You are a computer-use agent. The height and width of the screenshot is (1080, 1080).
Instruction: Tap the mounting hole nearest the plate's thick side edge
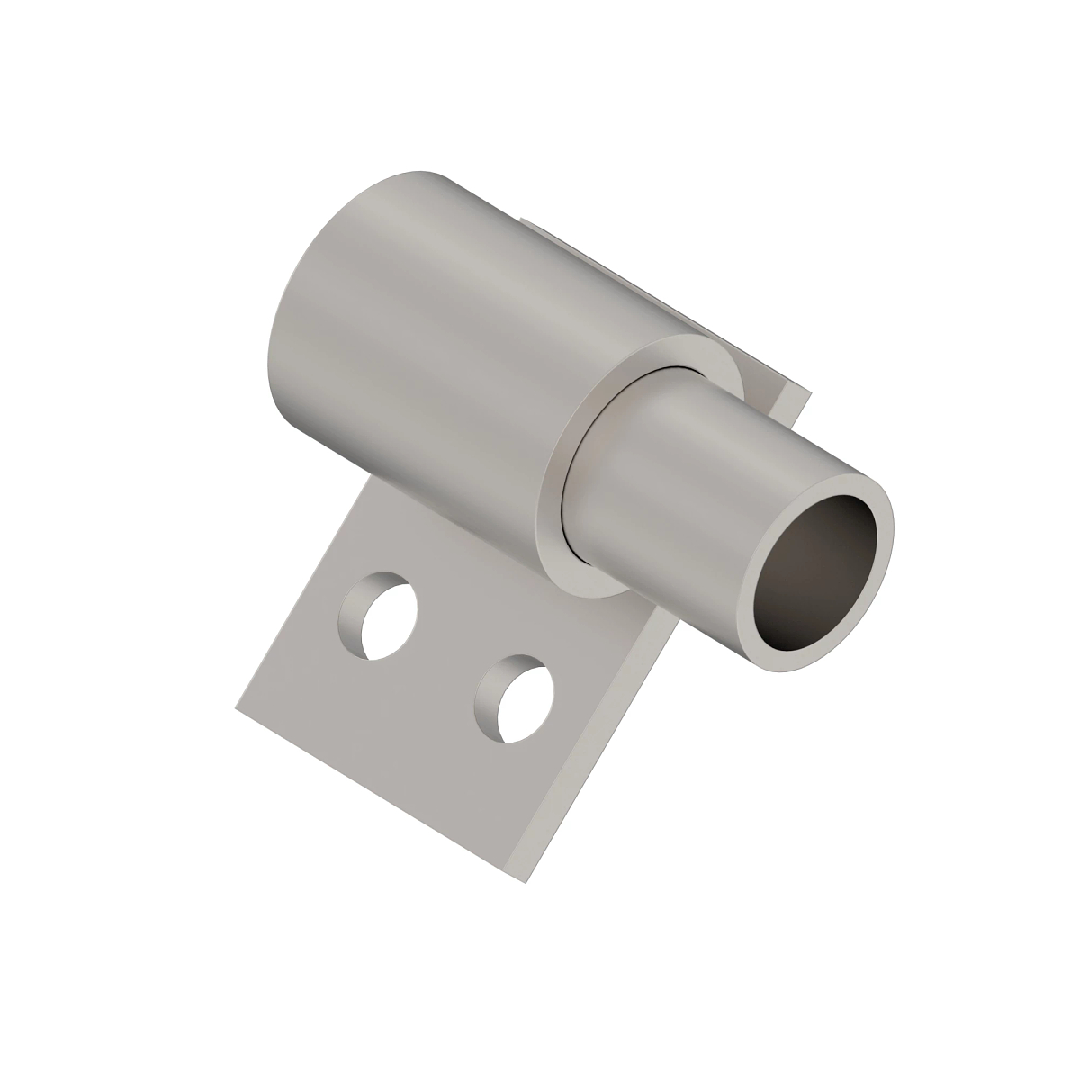click(x=513, y=701)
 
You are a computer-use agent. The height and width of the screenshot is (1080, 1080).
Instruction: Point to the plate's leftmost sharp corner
click(x=236, y=704)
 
